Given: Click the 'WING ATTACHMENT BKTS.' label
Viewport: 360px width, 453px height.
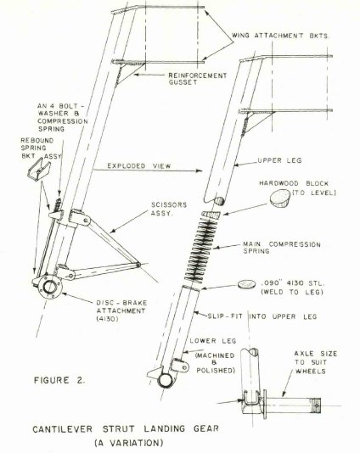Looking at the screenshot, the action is pos(280,36).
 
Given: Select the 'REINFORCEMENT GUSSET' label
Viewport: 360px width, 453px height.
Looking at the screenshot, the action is pos(198,79).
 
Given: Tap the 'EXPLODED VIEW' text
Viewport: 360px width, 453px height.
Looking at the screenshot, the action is pos(139,166).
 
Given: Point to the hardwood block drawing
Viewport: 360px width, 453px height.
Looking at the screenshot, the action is pos(280,199).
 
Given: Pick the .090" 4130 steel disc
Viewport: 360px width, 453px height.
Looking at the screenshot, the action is pos(247,284).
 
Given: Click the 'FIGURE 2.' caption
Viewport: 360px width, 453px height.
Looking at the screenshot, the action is pos(59,380).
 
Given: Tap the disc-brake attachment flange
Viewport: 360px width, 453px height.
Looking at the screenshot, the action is pos(51,287).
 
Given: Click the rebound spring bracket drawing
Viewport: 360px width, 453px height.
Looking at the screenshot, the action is pos(39,171).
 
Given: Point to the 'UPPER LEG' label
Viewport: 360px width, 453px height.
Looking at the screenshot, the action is pos(279,160).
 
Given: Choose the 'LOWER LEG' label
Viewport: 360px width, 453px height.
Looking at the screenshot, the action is pos(213,341).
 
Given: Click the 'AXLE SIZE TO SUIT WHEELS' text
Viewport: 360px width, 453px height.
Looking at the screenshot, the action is pos(316,362).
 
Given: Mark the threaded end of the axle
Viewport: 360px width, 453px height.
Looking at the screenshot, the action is pos(315,405).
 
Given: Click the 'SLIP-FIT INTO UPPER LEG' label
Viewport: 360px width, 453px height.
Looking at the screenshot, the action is pos(262,316).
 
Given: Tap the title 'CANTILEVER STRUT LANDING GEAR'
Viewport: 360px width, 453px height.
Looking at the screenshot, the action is pos(126,428).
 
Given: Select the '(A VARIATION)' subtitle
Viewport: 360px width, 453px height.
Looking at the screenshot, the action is pos(129,443).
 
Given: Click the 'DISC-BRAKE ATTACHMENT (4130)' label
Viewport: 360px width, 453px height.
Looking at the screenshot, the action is pos(121,311).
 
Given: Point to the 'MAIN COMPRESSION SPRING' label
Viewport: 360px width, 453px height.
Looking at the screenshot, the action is pos(282,248).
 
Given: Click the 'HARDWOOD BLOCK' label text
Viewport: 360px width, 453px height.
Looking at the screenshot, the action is pos(294,183).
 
